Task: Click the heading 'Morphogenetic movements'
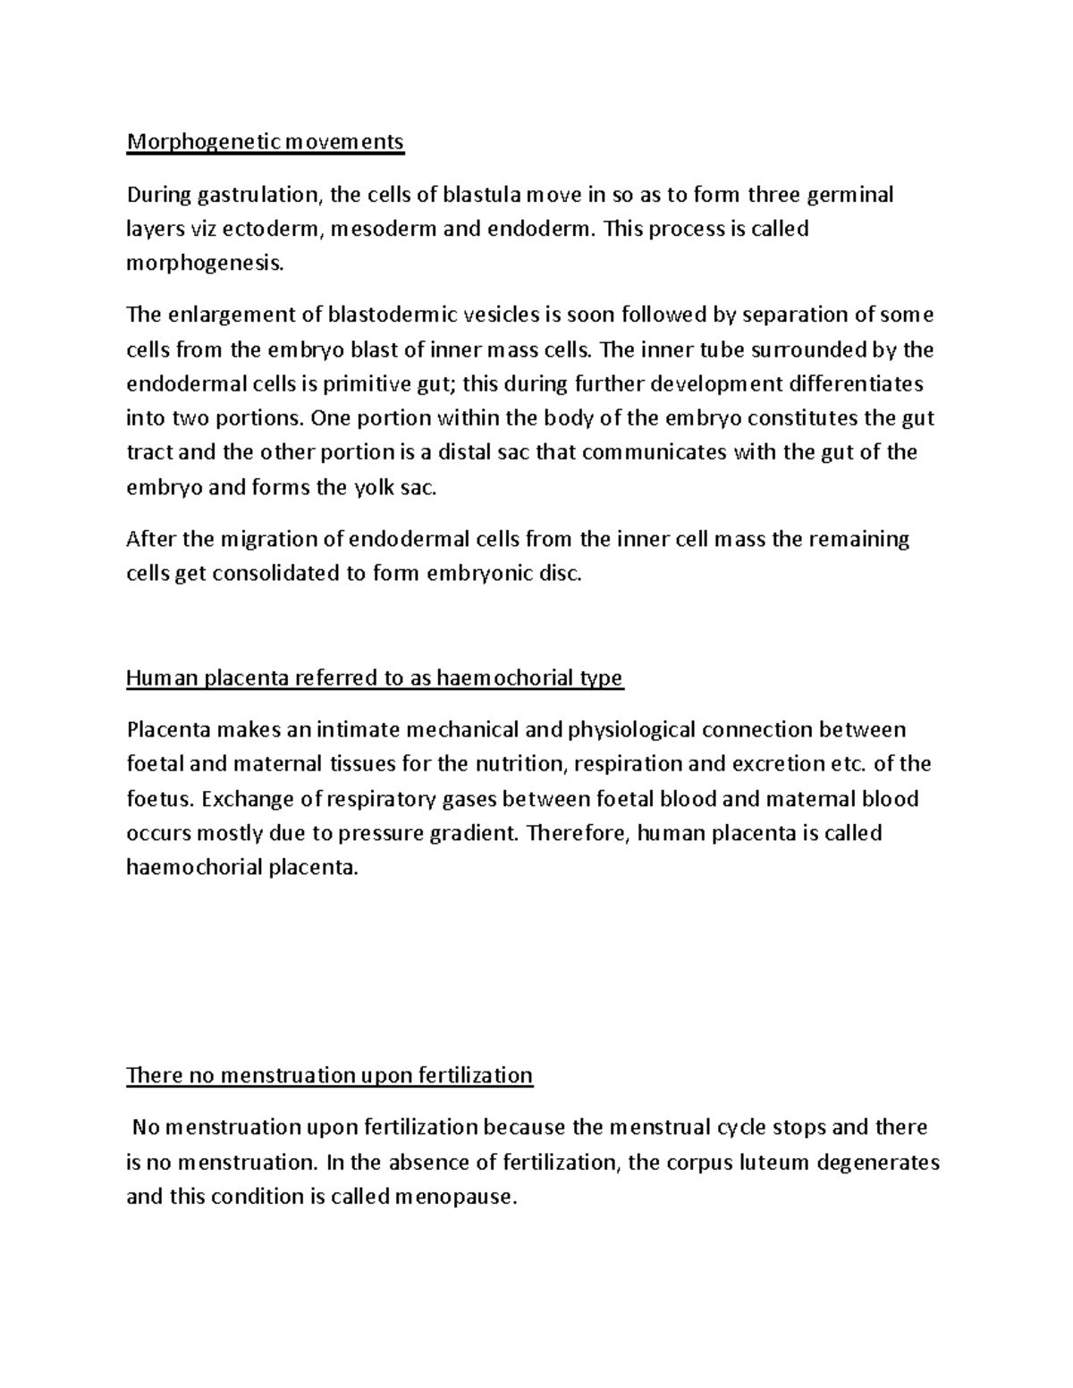(x=265, y=142)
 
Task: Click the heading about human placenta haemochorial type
(x=374, y=678)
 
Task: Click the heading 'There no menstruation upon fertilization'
(x=329, y=1075)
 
